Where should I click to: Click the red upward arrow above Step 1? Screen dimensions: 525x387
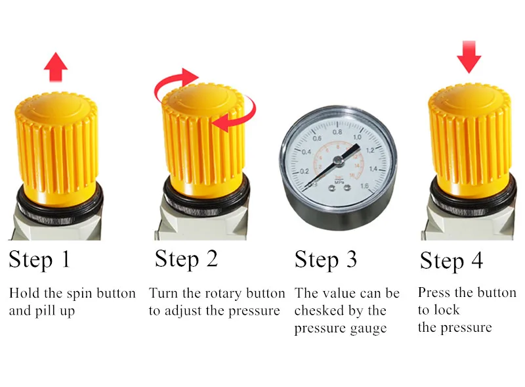click(x=56, y=67)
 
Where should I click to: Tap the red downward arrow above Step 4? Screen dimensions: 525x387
click(x=469, y=57)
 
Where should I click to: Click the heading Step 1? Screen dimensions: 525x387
click(x=39, y=260)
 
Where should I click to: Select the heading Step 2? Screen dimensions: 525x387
click(x=186, y=259)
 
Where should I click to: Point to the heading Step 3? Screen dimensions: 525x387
click(x=325, y=260)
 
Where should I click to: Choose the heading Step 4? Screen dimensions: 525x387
click(x=451, y=261)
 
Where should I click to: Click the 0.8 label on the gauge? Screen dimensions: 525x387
click(x=337, y=132)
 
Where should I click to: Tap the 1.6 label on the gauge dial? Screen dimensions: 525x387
click(x=365, y=186)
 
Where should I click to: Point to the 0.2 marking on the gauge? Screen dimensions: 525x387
click(x=304, y=171)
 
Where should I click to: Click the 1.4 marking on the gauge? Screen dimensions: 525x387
click(x=373, y=169)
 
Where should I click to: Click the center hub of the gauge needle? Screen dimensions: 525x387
click(x=339, y=162)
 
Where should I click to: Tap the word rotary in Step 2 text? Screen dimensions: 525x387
click(x=222, y=294)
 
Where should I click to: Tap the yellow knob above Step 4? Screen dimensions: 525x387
click(x=470, y=141)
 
